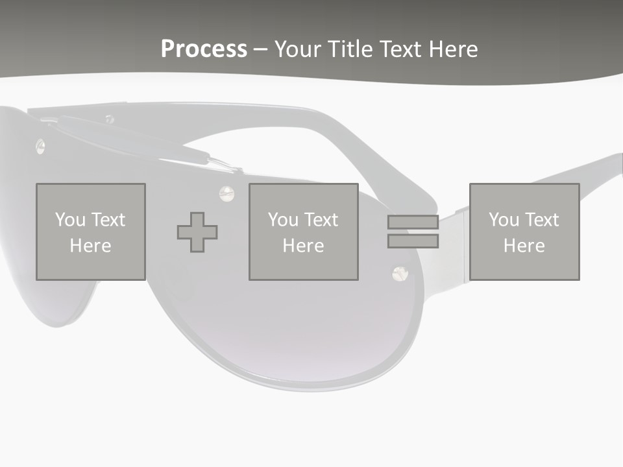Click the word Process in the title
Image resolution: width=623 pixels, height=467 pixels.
tap(204, 49)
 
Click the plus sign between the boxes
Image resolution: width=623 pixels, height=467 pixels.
tap(197, 232)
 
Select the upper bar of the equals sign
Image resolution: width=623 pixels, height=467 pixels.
tap(413, 222)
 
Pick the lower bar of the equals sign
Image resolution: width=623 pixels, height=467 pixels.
tap(413, 241)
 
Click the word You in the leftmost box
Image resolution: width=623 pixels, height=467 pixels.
tap(70, 219)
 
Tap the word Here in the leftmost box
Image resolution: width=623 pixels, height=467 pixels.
tap(90, 246)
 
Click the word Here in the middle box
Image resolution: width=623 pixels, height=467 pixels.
tap(303, 246)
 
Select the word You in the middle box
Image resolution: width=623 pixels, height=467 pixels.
tap(283, 219)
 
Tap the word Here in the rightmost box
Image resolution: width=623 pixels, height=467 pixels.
tap(524, 246)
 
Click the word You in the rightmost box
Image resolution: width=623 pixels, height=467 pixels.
tap(504, 219)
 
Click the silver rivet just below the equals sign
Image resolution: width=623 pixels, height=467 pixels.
tap(399, 273)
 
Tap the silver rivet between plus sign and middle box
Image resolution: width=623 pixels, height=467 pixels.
tap(226, 192)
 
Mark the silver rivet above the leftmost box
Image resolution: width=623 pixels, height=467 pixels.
tap(40, 147)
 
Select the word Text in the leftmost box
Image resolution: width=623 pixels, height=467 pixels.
tap(108, 219)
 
